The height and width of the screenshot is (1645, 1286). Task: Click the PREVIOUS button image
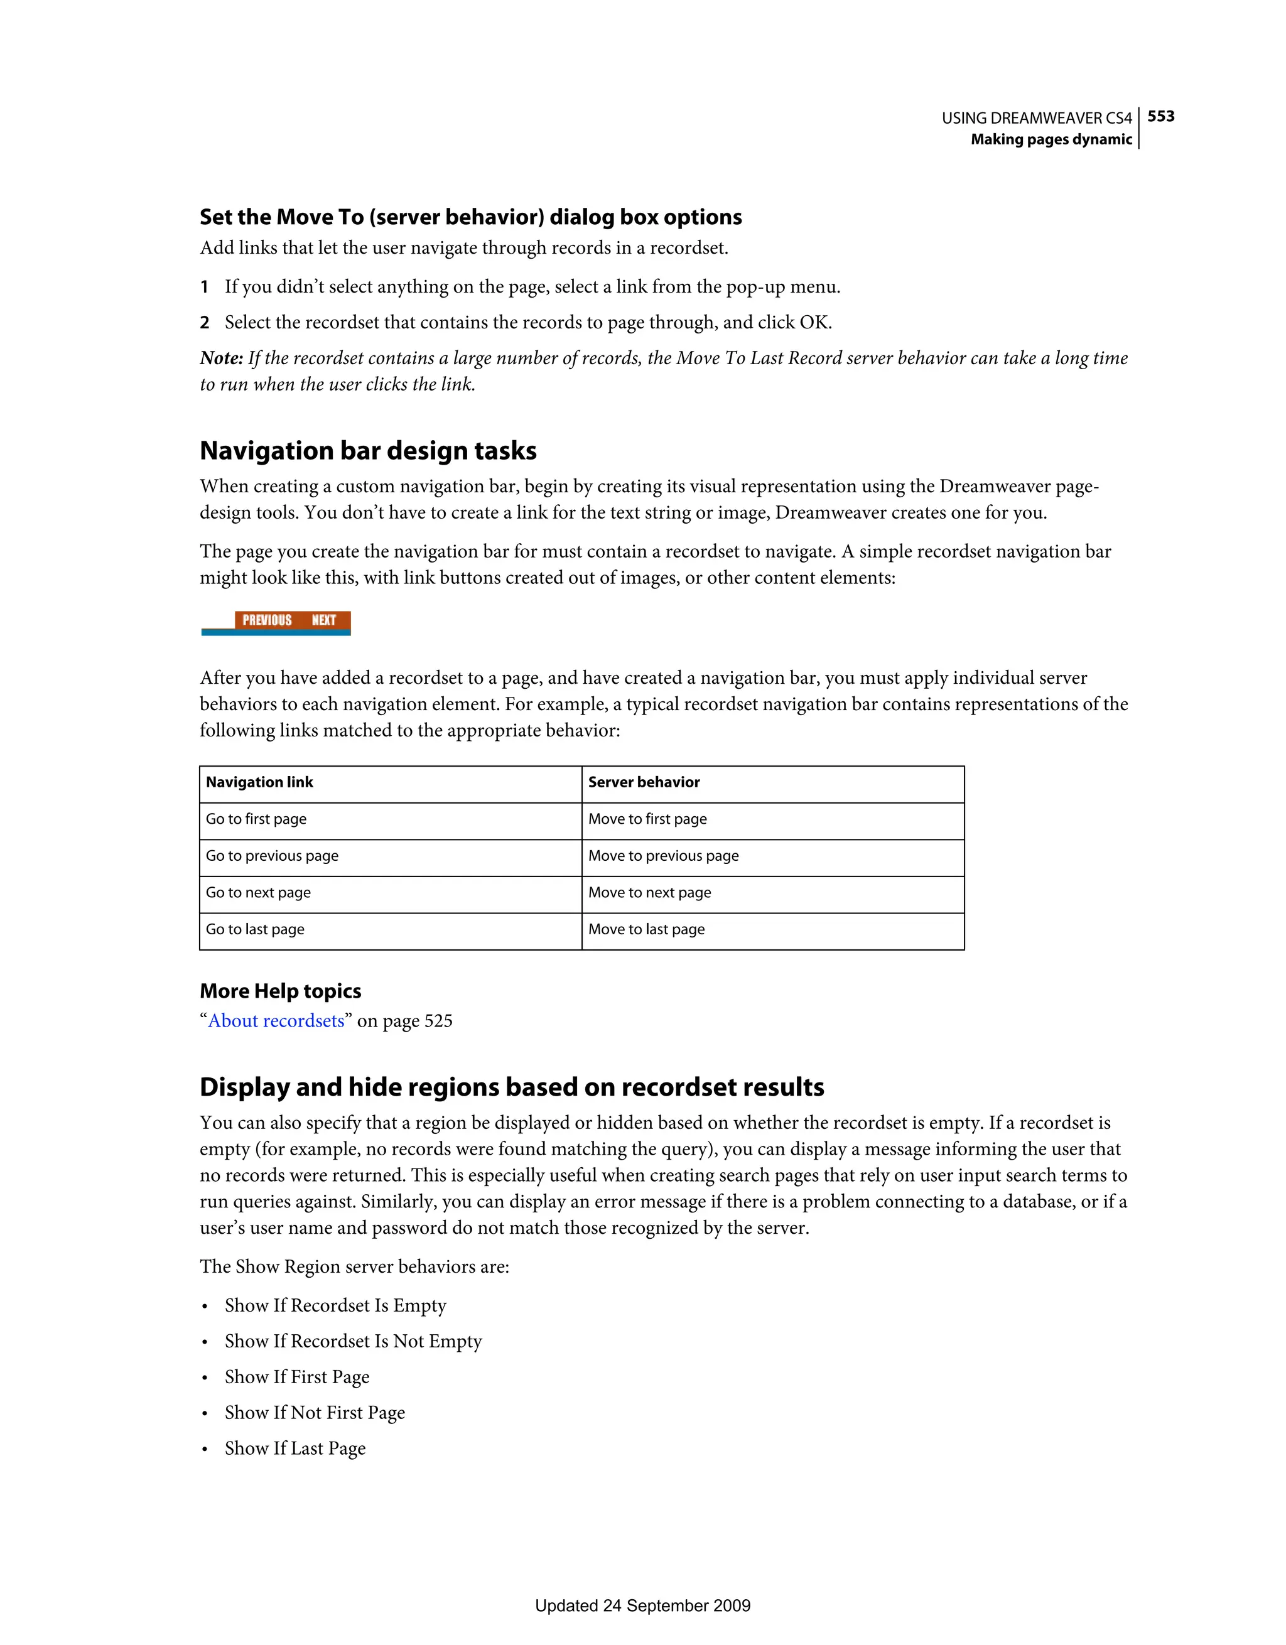click(267, 620)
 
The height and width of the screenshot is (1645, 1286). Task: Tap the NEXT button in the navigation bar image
click(324, 620)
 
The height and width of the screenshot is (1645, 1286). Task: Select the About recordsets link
click(276, 1021)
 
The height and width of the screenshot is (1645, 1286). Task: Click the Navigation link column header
click(259, 782)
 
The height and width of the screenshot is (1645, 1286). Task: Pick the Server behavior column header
click(644, 782)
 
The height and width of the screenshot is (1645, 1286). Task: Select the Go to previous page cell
click(272, 856)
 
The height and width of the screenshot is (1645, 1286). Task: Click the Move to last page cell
click(646, 929)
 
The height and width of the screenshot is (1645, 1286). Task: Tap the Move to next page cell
click(649, 893)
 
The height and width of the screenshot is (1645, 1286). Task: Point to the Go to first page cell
click(256, 819)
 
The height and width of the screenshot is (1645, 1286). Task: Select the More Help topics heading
click(280, 991)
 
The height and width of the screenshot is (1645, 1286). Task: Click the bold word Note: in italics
click(222, 358)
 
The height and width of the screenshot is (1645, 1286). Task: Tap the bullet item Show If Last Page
click(294, 1448)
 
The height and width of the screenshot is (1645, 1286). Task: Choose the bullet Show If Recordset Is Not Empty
click(352, 1342)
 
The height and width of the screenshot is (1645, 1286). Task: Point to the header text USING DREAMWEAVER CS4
click(1036, 118)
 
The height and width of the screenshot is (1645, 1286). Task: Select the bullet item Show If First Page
click(297, 1377)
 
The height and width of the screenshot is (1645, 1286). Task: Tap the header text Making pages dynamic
click(1051, 139)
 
